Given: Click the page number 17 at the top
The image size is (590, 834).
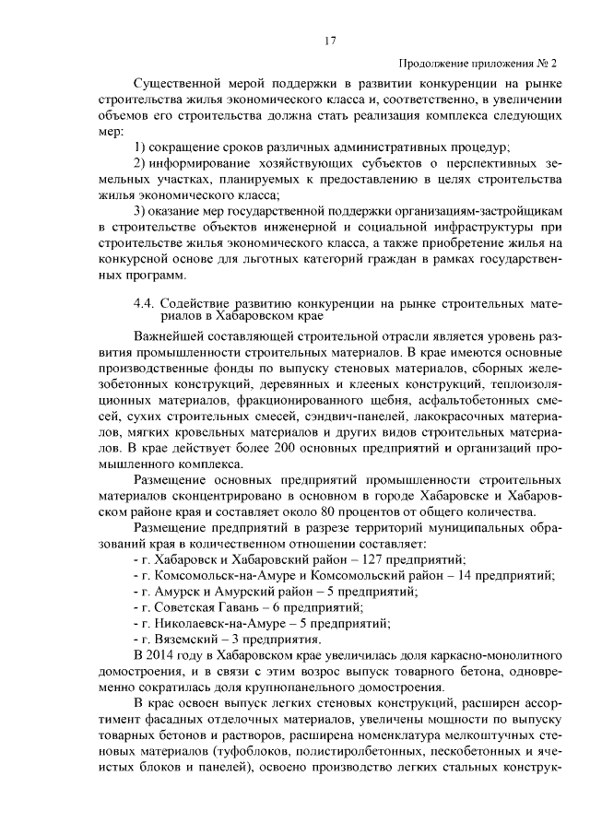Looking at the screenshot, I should pos(329,41).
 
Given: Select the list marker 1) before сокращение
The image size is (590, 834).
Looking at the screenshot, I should pos(141,147).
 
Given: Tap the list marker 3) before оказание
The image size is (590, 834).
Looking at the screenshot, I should pos(141,211).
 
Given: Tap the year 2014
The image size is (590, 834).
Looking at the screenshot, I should pos(167,655).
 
